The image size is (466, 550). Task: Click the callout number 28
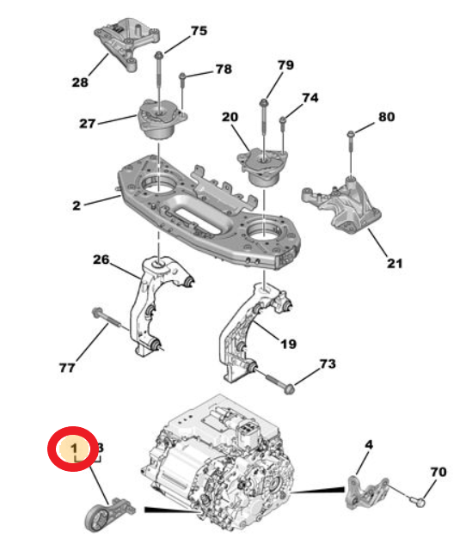pos(80,83)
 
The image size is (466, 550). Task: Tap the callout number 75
pos(199,31)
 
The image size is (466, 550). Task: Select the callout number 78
pos(223,68)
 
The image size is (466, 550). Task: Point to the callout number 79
pos(285,65)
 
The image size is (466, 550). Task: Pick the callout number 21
pos(394,263)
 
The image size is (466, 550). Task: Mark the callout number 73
pos(327,364)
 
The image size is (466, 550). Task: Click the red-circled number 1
pos(75,449)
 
